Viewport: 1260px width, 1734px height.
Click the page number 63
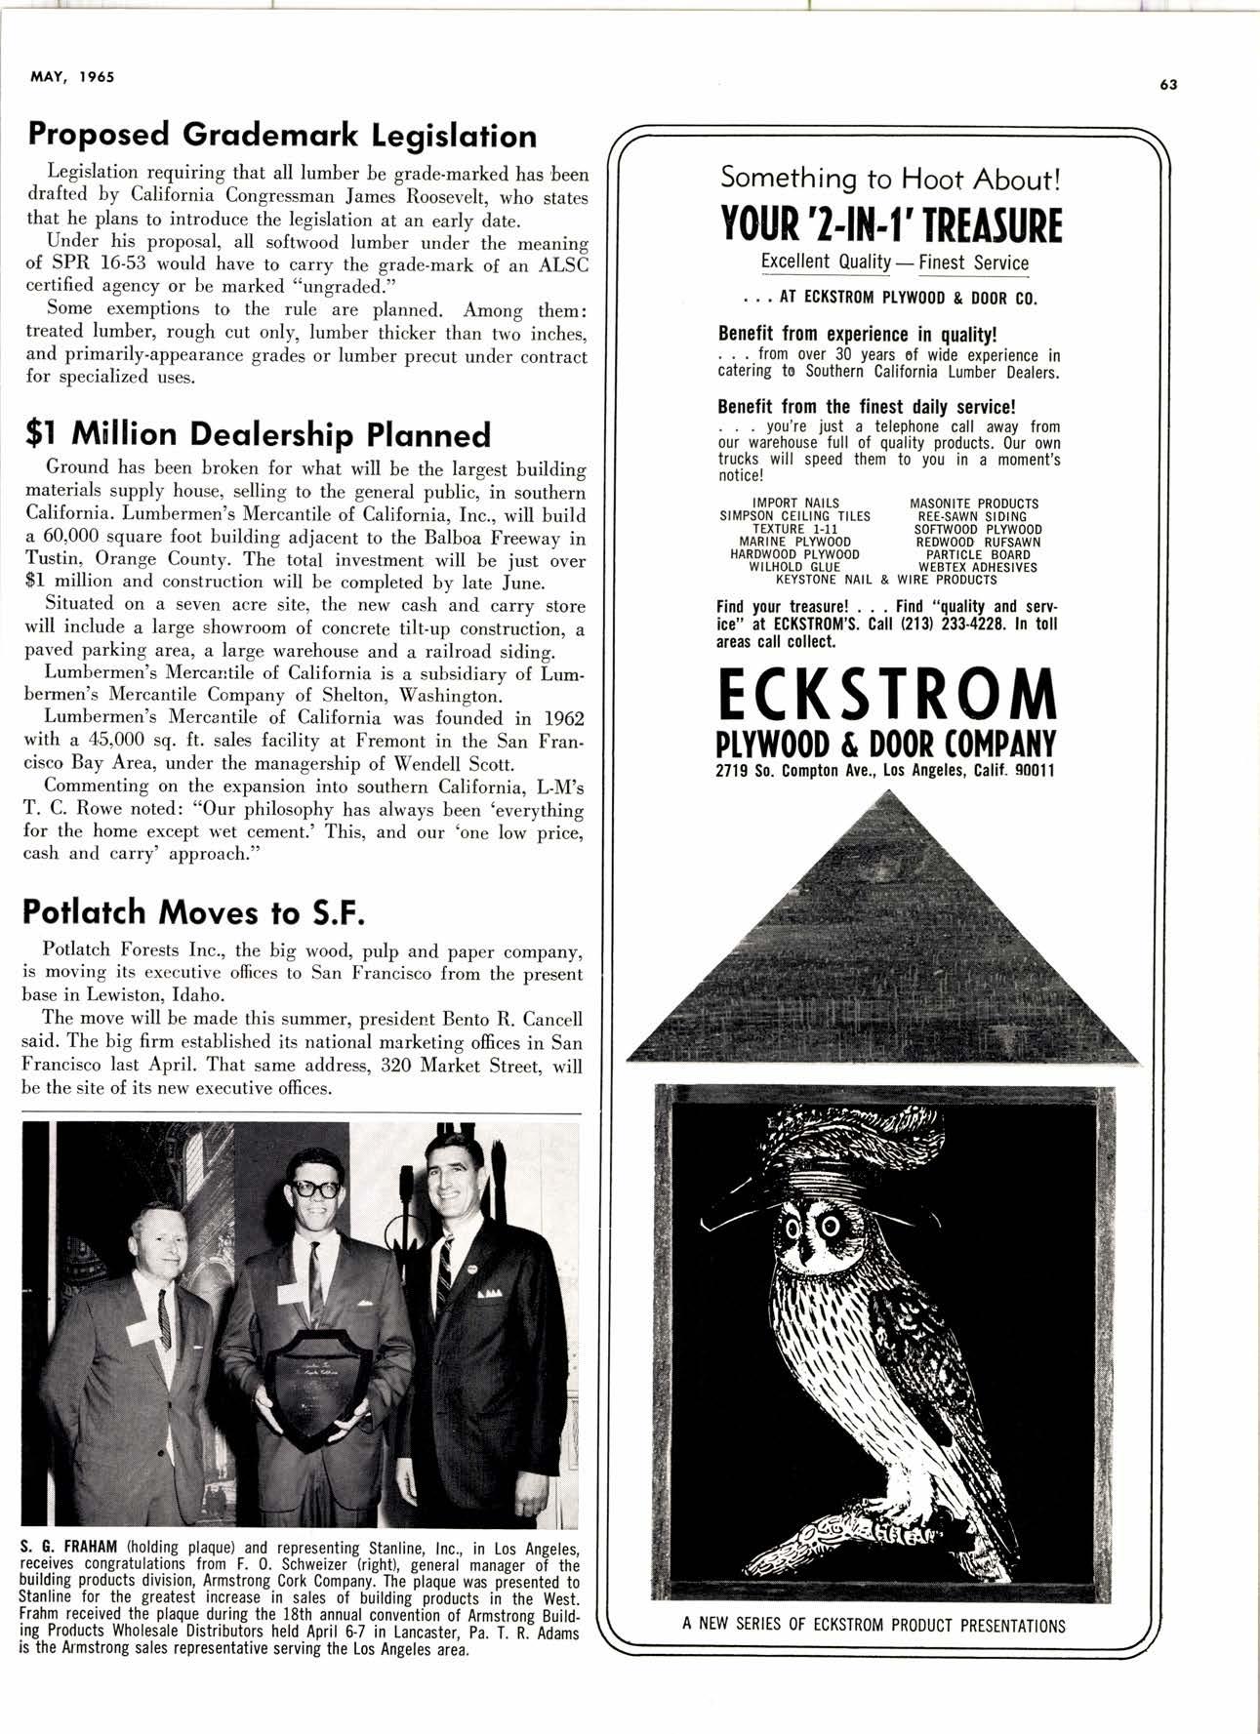point(1169,84)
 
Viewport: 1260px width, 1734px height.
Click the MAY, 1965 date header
point(66,77)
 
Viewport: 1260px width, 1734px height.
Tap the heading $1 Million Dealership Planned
point(257,433)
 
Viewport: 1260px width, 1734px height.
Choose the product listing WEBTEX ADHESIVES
point(978,567)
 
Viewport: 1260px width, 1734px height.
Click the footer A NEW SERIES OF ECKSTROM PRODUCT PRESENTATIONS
point(874,1626)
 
